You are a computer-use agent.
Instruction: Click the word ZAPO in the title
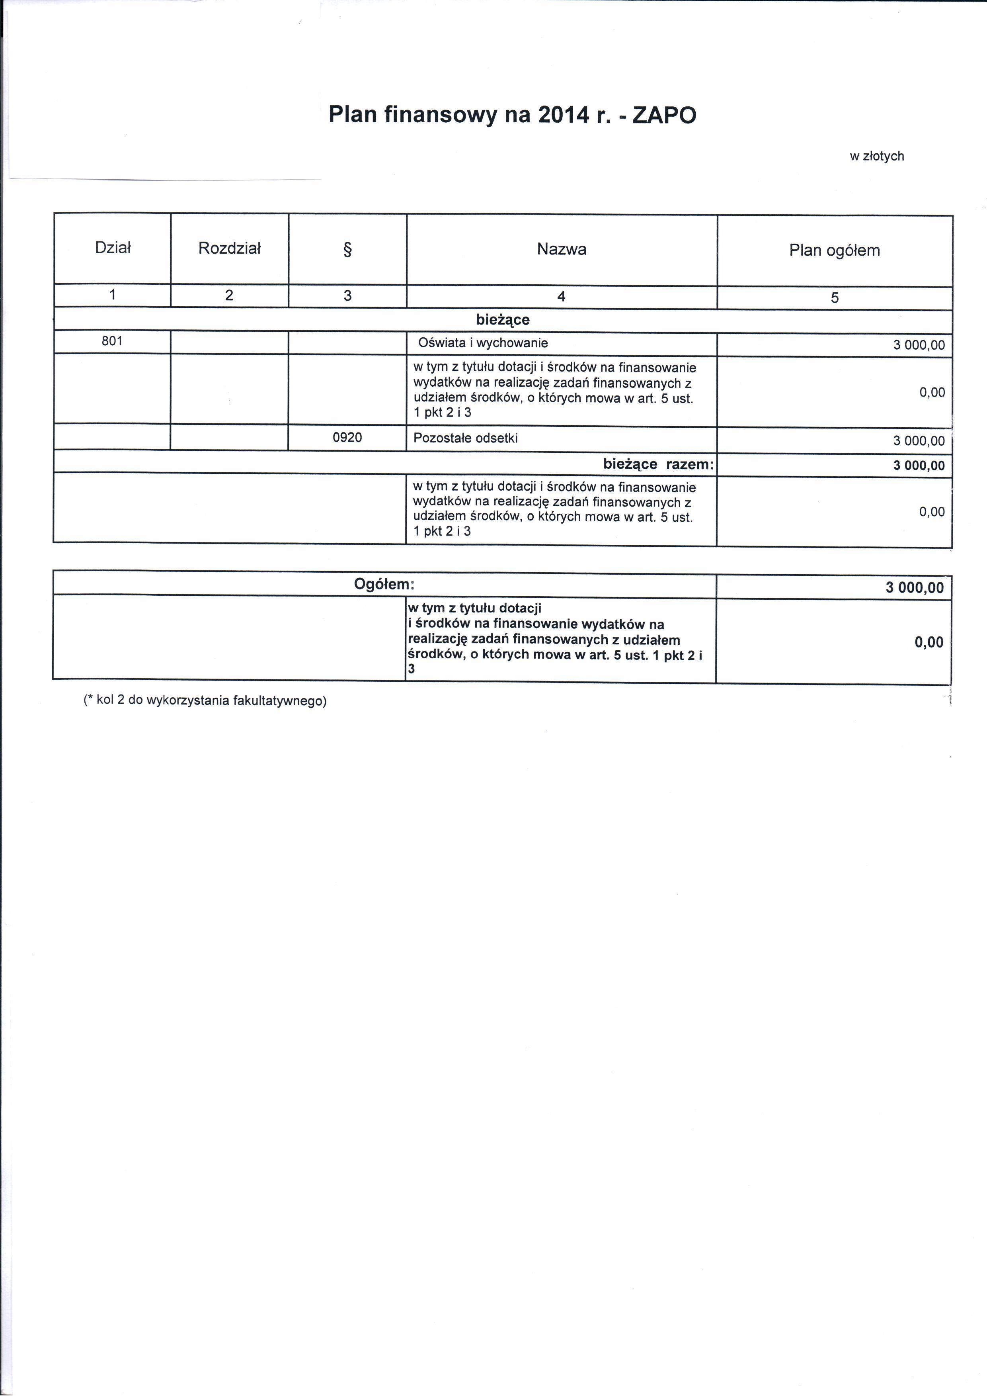(664, 115)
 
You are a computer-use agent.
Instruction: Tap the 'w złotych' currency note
(876, 157)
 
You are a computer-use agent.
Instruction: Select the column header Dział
(113, 248)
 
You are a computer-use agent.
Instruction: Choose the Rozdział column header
(229, 248)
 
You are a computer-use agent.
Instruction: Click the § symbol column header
(347, 249)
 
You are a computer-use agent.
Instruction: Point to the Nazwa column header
(561, 249)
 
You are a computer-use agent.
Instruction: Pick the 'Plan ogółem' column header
(834, 250)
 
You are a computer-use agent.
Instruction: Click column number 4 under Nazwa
(561, 296)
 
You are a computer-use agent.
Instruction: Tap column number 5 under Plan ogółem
(834, 297)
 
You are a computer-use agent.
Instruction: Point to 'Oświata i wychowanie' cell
(483, 343)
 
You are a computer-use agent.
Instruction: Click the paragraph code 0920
(347, 438)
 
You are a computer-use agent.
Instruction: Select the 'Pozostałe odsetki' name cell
(465, 438)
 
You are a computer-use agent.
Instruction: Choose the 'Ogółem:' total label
(384, 585)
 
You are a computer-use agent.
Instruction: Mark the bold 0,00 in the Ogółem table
(928, 642)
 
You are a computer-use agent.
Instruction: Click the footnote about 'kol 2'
(205, 700)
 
